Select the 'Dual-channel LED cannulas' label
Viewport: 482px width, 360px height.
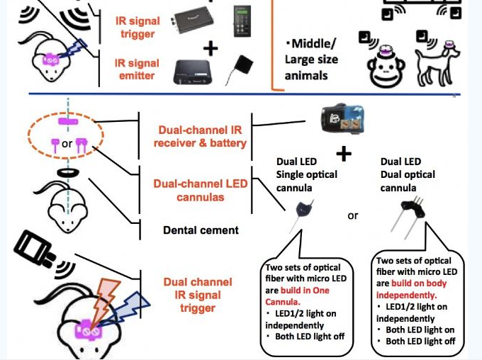[x=201, y=190]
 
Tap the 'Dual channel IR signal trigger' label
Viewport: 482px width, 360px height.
[x=192, y=294]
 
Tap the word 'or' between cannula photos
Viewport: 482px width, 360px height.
[x=352, y=215]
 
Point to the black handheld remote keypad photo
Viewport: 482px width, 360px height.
[x=241, y=22]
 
